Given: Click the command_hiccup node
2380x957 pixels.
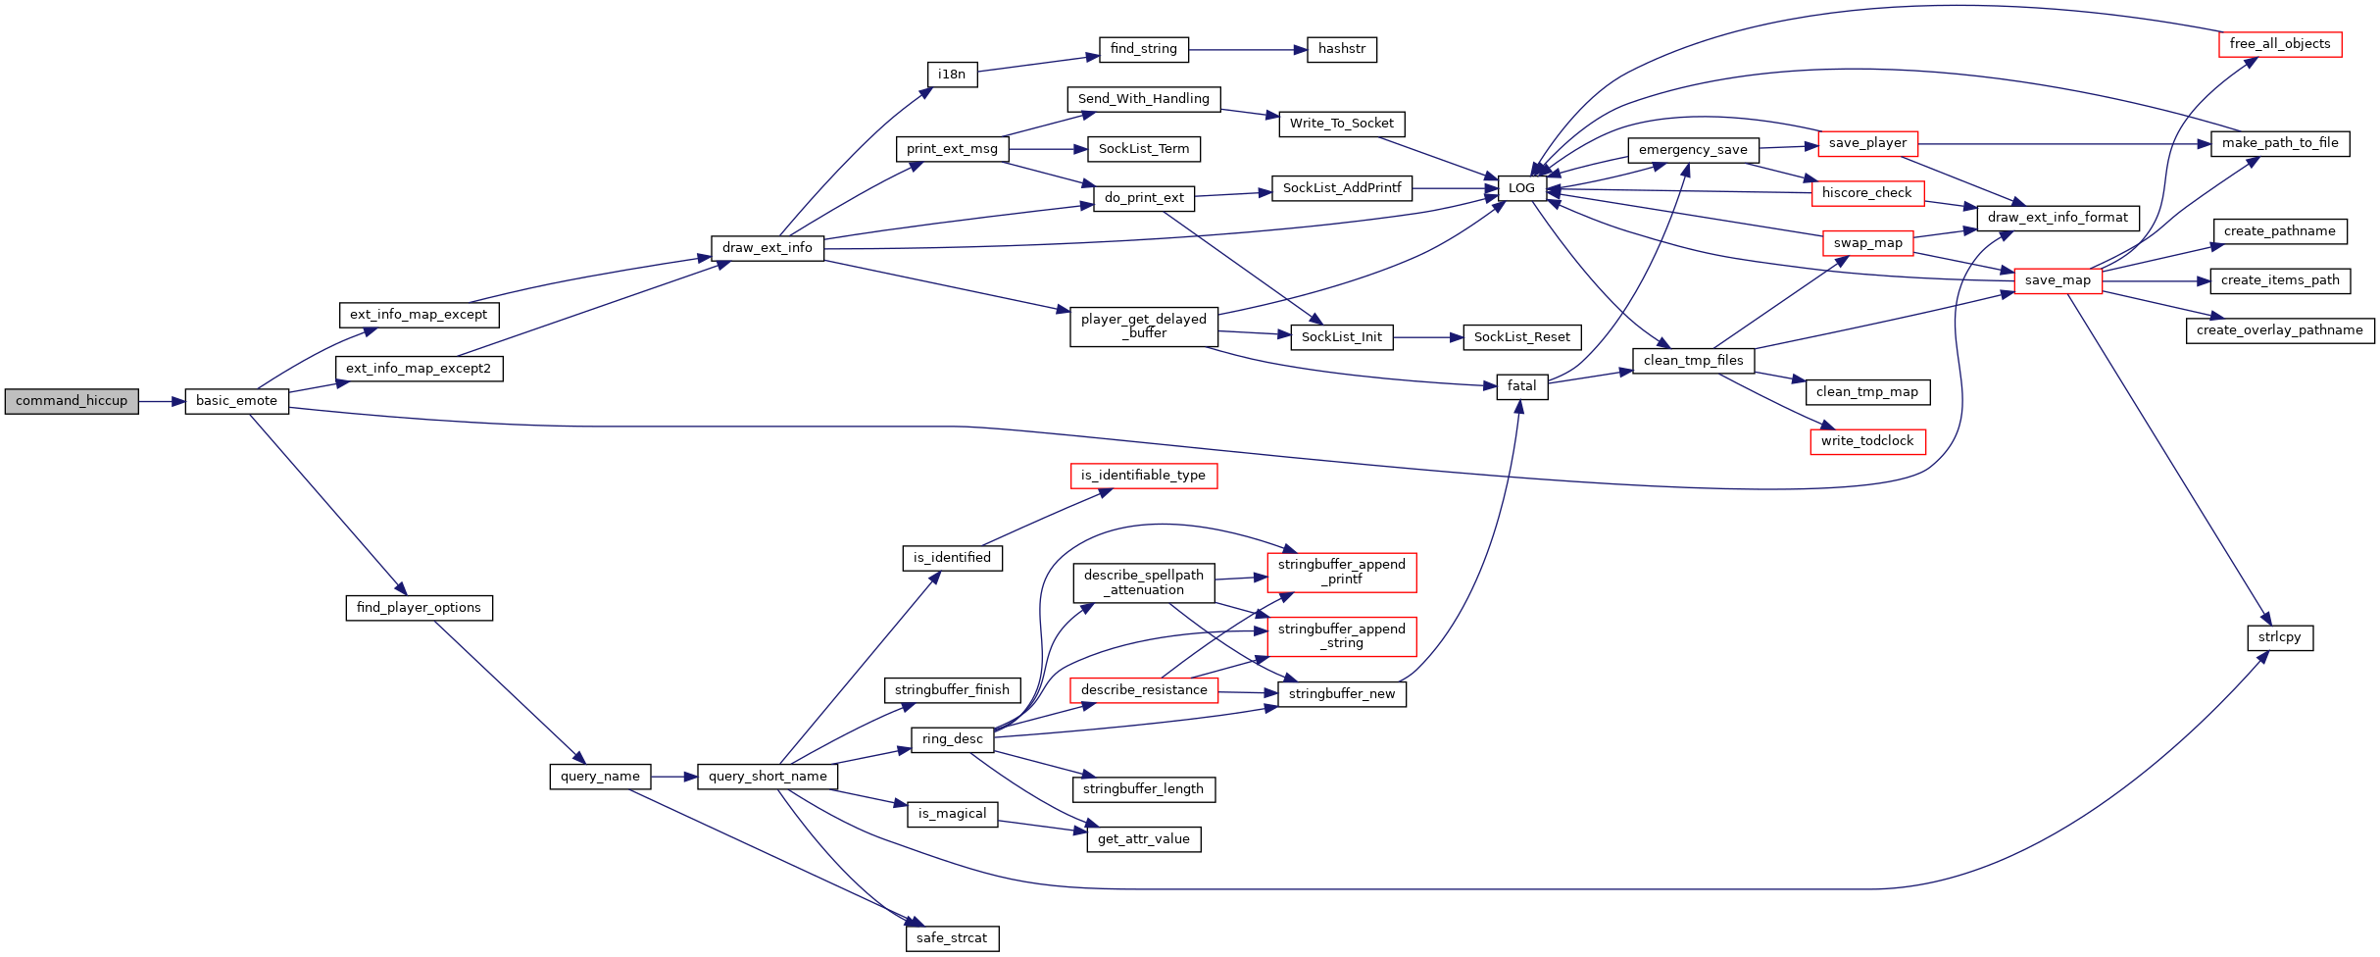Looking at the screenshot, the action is point(72,401).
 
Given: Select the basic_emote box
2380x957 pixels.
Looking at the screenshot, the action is point(237,401).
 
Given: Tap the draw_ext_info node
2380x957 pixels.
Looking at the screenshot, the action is point(768,248).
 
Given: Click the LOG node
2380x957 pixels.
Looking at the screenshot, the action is point(1521,188).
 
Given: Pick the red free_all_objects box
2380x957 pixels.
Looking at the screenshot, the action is point(2280,44).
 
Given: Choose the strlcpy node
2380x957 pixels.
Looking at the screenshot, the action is point(2280,637).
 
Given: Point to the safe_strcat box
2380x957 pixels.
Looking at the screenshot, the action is point(952,938).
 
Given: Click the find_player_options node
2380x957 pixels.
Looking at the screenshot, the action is point(419,608).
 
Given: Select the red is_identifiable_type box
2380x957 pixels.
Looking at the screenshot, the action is point(1144,476).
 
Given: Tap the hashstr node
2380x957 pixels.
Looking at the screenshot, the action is point(1342,49).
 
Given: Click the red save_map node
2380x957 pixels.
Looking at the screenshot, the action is point(2058,280).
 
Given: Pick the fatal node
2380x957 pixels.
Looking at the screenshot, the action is point(1522,386).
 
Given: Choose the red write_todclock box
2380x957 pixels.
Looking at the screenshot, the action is point(1867,441).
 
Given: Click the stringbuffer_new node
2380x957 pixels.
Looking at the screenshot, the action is point(1342,694).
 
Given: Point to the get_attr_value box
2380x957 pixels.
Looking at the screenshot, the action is point(1144,839).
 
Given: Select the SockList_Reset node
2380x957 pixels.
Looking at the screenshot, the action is point(1522,337).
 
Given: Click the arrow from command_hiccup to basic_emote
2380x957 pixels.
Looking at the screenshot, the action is point(162,401).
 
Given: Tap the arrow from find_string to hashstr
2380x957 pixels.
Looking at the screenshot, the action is point(1248,49).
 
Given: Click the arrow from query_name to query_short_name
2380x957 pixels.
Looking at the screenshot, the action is point(674,777).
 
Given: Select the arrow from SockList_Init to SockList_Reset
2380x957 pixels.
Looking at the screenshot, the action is point(1428,337).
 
